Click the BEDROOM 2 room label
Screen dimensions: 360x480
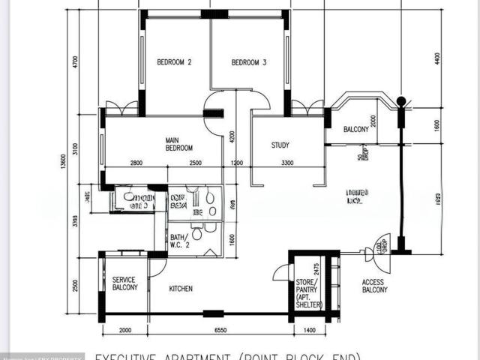point(174,63)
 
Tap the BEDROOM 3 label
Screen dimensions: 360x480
point(248,63)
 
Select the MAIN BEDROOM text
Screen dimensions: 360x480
point(179,144)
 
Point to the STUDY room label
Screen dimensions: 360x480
point(280,145)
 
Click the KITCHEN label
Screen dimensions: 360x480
point(181,289)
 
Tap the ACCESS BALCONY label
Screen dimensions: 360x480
point(373,287)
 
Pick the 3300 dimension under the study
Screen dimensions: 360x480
point(287,163)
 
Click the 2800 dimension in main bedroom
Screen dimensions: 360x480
point(136,163)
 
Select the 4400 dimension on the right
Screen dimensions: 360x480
point(437,57)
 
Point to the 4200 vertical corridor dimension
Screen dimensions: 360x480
point(232,136)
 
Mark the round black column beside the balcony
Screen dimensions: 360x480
point(401,100)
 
